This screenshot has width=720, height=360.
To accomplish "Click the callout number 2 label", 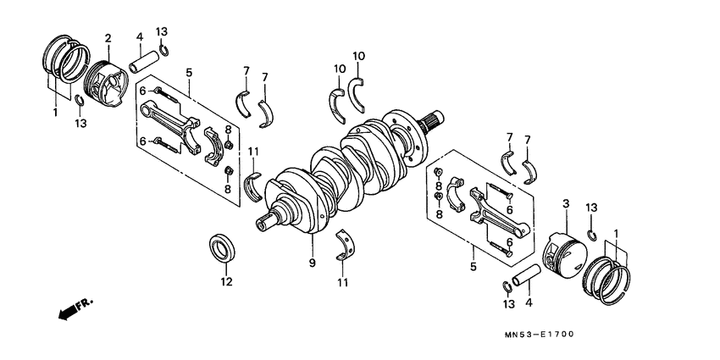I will coord(108,38).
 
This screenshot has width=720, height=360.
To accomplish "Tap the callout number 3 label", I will coord(564,204).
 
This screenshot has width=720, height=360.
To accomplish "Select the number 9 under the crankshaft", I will coord(313,264).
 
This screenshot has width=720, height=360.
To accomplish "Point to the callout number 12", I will coord(226,281).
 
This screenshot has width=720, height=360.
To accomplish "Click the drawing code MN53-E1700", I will coord(538,334).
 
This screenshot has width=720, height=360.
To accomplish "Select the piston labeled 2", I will coord(108,79).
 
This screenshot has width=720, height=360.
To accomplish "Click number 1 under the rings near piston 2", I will coord(56,112).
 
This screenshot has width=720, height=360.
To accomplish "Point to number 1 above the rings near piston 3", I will coord(615,232).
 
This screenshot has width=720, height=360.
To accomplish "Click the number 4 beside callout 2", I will coord(139,36).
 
